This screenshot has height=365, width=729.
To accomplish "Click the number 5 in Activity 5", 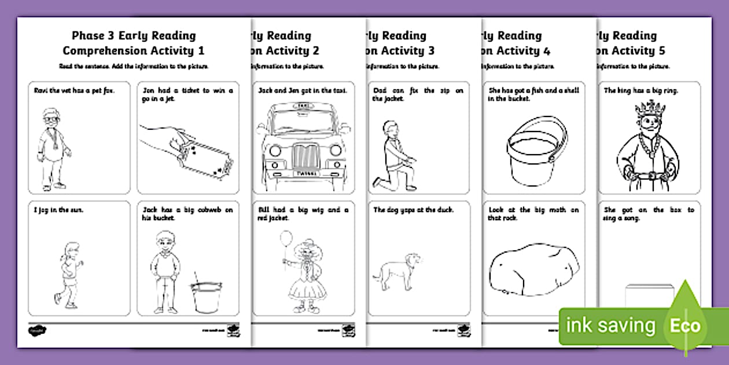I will click(x=661, y=51).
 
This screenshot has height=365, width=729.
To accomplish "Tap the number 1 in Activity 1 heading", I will click(x=200, y=51).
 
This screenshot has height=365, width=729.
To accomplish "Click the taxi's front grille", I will click(x=303, y=157).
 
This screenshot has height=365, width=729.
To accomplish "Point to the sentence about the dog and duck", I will click(x=413, y=210).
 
